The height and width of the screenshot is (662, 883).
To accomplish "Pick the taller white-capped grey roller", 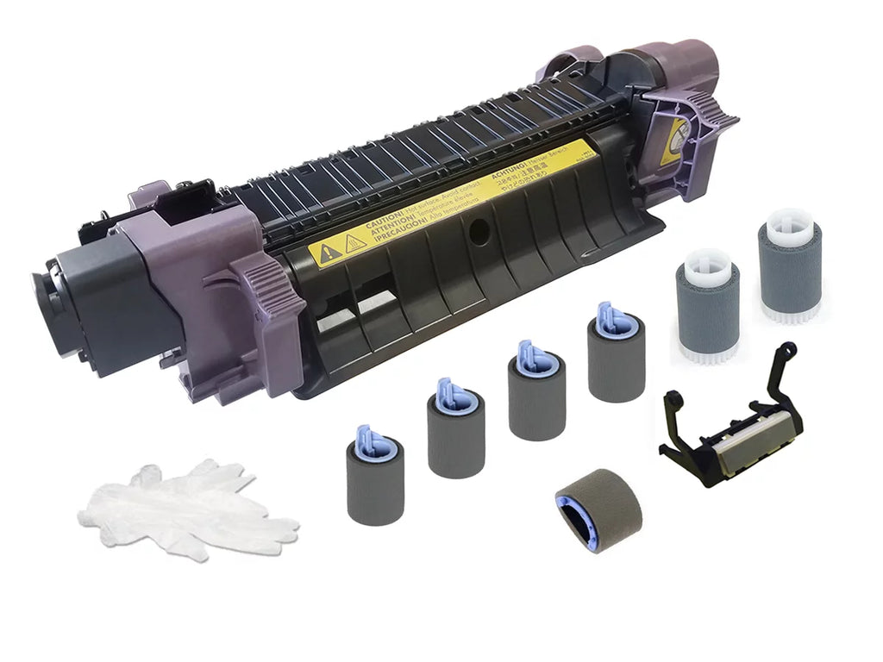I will click(x=789, y=266).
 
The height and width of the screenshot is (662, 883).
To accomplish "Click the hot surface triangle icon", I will click(x=354, y=243).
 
